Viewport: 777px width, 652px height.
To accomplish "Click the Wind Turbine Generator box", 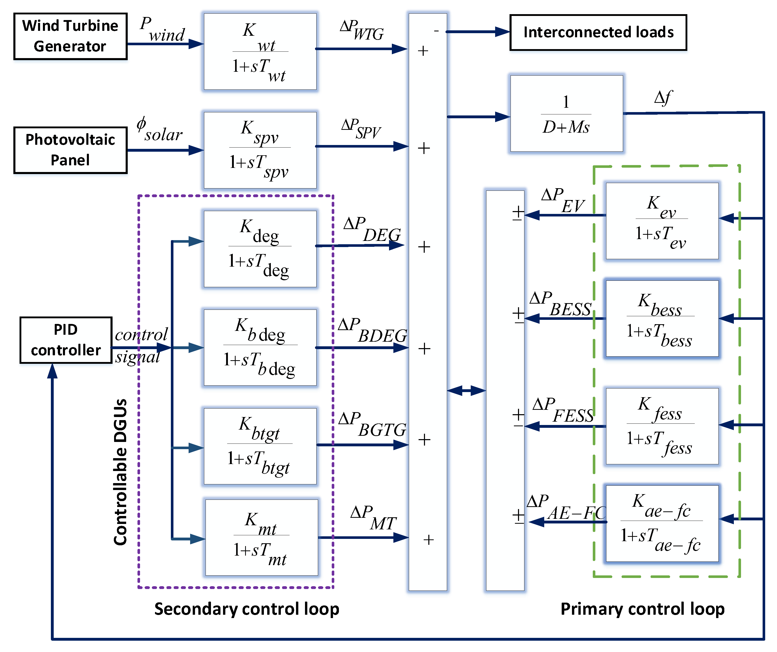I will click(x=70, y=36).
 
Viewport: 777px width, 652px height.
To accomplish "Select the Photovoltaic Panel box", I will click(x=70, y=150).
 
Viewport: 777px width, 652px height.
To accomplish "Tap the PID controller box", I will click(x=66, y=340).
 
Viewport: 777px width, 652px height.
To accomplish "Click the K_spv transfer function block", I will click(x=260, y=150).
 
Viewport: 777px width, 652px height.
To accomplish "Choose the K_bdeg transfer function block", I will click(x=260, y=347).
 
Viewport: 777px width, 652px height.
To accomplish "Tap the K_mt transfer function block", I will click(x=261, y=537).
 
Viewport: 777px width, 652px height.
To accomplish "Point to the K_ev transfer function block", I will click(x=662, y=221).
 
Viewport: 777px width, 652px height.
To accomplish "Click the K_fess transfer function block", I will click(x=662, y=426).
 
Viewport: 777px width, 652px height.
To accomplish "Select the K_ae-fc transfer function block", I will click(x=662, y=523).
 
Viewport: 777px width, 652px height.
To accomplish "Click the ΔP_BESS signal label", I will click(x=560, y=304).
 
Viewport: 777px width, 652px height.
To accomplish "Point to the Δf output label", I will click(x=663, y=98).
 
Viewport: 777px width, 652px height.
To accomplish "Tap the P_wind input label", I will click(x=162, y=30).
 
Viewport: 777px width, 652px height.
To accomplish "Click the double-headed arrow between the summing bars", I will click(x=466, y=390).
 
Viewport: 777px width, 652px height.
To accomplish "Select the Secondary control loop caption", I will click(x=247, y=609).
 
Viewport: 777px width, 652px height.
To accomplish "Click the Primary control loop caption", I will click(x=642, y=609).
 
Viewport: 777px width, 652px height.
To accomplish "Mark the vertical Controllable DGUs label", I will click(x=120, y=472).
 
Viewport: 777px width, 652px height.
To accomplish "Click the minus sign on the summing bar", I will click(x=436, y=31).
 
